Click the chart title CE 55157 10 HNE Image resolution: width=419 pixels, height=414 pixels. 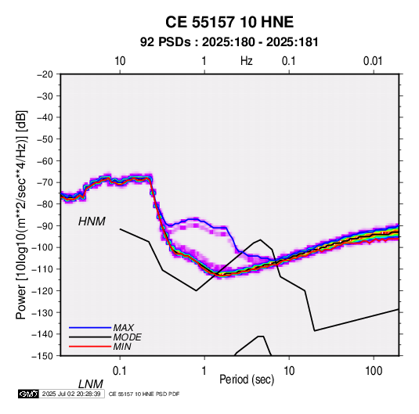coord(229,22)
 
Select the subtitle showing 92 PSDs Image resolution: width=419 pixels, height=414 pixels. coord(229,42)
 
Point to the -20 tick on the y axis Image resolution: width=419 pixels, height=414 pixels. coord(45,74)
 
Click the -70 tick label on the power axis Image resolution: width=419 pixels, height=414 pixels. coord(45,182)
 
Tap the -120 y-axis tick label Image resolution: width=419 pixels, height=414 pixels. coord(43,290)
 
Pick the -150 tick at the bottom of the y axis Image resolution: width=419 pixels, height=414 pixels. coord(43,355)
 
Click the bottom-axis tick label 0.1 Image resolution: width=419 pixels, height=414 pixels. coord(120,371)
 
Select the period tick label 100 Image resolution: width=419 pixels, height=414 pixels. coord(374,371)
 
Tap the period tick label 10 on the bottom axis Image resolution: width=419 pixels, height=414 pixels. coord(289,371)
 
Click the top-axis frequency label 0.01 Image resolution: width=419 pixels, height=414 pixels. coord(373,61)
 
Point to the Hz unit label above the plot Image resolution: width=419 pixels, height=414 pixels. coord(247,61)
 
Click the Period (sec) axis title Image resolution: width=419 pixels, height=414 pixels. coord(247,380)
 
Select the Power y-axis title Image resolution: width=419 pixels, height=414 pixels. coord(21,214)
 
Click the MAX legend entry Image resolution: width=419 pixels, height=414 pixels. coord(123,328)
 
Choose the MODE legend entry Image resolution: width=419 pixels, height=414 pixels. coord(127,337)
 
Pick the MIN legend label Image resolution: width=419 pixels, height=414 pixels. coord(122,347)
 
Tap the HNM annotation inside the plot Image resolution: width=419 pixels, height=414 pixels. coord(92,221)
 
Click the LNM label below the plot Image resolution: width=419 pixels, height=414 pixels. coord(91,384)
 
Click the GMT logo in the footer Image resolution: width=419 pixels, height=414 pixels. coord(28,394)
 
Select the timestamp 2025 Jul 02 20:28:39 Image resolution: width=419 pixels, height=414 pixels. coord(71,394)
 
